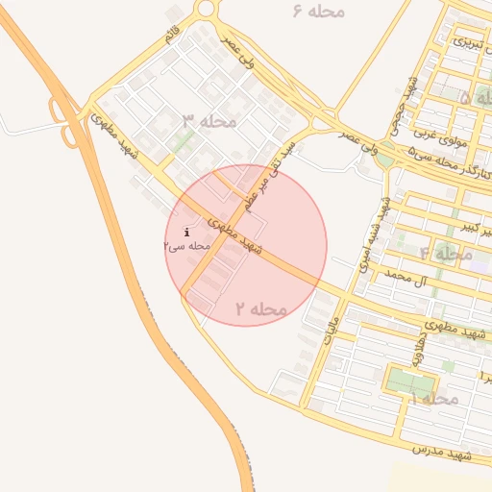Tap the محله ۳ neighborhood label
(209, 121)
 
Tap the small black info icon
(185, 232)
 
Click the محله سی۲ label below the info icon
(186, 246)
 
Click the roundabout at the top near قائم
(206, 9)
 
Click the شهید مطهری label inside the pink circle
(236, 234)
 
